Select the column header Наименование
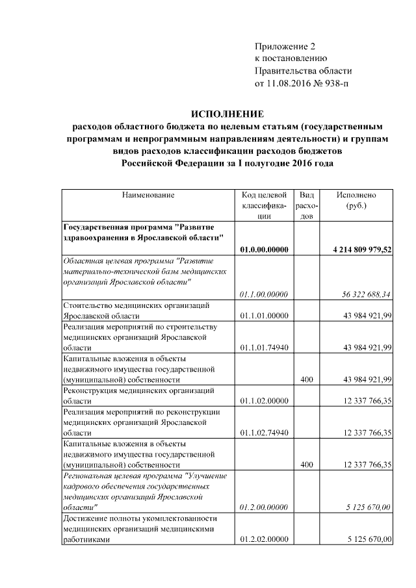[x=148, y=194]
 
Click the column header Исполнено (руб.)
[x=356, y=199]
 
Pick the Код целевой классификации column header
[x=263, y=205]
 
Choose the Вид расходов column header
[x=306, y=205]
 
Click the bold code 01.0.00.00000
[x=263, y=249]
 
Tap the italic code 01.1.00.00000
[x=263, y=294]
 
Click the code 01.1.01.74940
[x=263, y=348]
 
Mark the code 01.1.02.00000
[x=263, y=402]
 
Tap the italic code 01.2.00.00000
[x=263, y=507]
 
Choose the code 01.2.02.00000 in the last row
[x=263, y=539]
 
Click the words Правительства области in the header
[x=303, y=71]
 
